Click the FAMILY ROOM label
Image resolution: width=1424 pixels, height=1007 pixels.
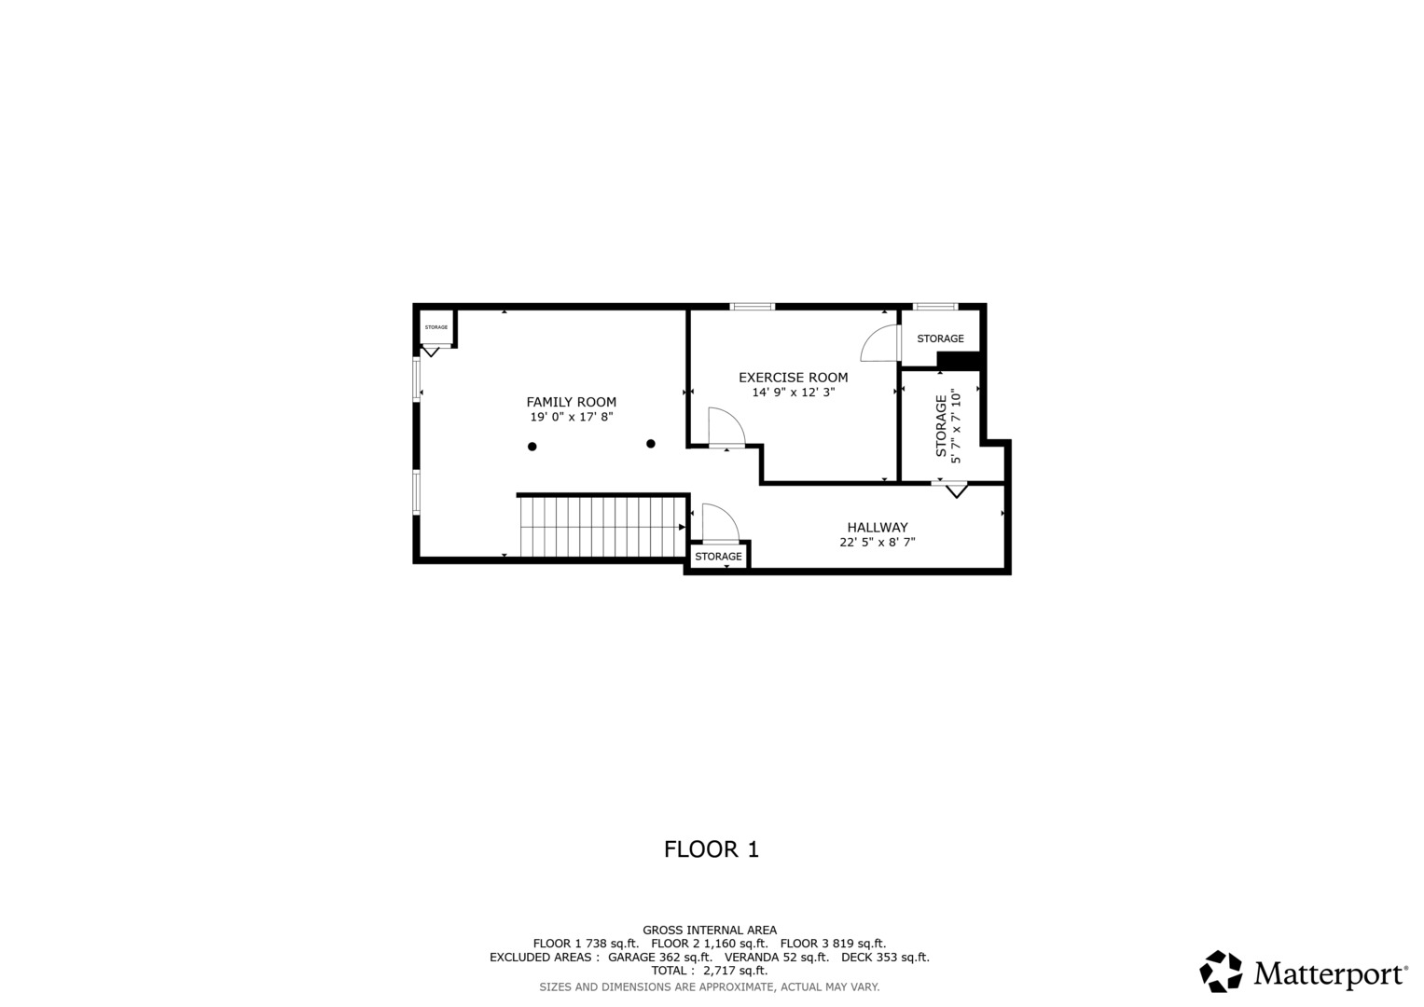(x=571, y=402)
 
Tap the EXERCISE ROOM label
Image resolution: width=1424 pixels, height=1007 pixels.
(x=793, y=378)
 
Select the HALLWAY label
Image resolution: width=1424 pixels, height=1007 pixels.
(x=877, y=528)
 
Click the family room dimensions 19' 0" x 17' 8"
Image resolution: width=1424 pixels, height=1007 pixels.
(x=571, y=418)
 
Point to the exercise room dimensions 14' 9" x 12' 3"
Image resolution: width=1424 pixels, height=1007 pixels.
(x=793, y=393)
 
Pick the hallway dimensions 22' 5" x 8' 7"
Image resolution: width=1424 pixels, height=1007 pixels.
(x=877, y=542)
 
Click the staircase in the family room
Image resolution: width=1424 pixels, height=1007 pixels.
(x=602, y=527)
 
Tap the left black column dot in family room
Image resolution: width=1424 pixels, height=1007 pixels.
(x=532, y=447)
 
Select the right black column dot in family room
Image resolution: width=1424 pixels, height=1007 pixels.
(x=651, y=444)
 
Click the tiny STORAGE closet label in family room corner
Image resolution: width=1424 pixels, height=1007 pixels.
(x=435, y=327)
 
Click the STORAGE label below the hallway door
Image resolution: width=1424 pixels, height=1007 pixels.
(x=718, y=557)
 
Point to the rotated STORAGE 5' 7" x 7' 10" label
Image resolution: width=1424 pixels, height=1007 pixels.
(x=947, y=427)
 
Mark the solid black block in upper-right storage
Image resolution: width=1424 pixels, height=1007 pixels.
(x=959, y=361)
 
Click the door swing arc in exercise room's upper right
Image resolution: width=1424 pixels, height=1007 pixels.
(x=878, y=344)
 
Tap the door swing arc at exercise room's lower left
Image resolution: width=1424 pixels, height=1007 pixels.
(x=726, y=427)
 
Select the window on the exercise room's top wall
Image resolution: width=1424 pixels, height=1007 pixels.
(x=752, y=307)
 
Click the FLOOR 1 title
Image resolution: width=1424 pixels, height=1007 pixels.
(x=711, y=849)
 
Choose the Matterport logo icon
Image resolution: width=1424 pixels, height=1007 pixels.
(x=1220, y=972)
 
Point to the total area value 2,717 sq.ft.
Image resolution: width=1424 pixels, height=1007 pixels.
(x=734, y=971)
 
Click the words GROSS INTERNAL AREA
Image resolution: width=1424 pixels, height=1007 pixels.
(x=709, y=930)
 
